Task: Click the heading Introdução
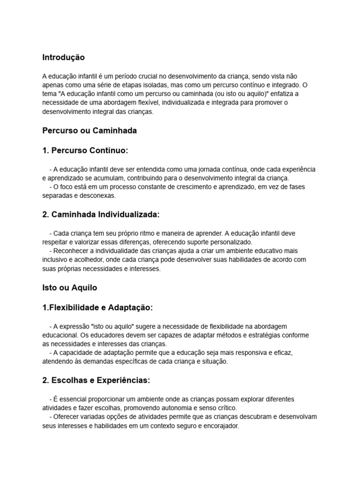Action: tap(63, 58)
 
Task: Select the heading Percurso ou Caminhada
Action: tap(90, 131)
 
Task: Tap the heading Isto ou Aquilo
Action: tap(69, 287)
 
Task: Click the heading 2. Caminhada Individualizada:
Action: tap(101, 214)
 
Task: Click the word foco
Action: tap(65, 187)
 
